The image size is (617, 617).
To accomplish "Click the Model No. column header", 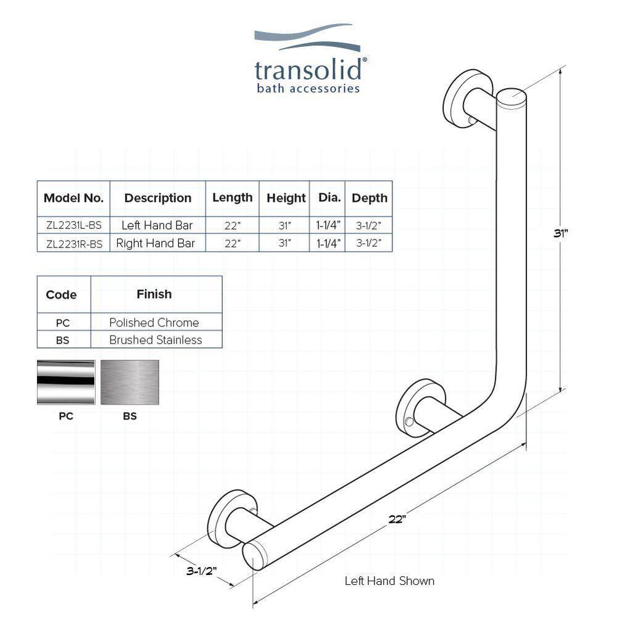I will [73, 198].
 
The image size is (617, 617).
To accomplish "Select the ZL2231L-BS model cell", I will [73, 225].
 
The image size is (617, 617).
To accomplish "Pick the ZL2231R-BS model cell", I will [73, 243].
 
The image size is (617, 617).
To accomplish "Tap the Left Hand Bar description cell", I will [157, 225].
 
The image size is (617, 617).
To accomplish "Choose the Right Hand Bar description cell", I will [157, 243].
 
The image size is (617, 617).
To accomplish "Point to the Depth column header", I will [369, 198].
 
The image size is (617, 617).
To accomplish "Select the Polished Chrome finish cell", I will [154, 322].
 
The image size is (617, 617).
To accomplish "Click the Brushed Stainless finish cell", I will [155, 340].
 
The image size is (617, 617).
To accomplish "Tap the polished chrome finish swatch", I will [66, 382].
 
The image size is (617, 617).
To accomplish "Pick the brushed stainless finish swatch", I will [130, 382].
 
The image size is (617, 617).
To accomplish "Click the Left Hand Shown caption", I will [389, 581].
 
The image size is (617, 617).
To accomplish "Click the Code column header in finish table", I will [62, 294].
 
